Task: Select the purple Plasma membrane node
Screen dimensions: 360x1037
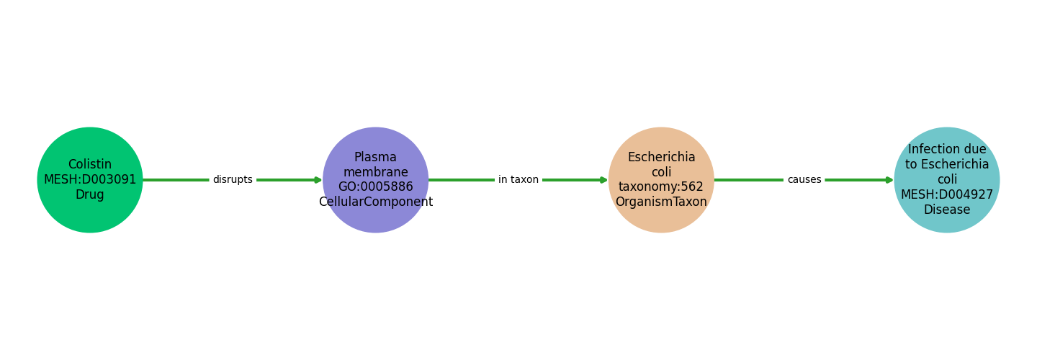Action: coord(375,141)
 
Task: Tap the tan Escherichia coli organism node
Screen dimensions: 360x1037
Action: coord(661,141)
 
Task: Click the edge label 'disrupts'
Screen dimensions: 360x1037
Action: coord(233,180)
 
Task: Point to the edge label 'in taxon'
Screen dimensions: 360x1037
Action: coord(518,180)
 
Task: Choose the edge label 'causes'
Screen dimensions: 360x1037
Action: coord(804,180)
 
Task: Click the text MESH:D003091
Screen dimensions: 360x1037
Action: coord(90,180)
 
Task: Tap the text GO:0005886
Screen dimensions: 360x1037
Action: coord(375,187)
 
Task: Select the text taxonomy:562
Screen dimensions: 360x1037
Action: coord(661,187)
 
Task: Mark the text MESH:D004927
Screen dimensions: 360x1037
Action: coord(947,195)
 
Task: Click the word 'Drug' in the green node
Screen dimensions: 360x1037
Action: coord(90,195)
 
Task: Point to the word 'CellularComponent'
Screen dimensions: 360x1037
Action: coord(375,202)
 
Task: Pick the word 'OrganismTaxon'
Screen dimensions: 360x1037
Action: coord(661,202)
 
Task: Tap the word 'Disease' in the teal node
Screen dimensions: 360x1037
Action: coord(947,210)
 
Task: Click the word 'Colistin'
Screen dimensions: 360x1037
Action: coord(90,165)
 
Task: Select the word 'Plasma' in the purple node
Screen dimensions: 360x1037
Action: coord(375,157)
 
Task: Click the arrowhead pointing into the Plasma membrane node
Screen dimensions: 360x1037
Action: coord(318,180)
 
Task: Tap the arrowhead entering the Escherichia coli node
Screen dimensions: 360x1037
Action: coord(603,180)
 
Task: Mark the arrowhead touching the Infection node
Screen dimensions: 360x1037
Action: coord(889,180)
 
